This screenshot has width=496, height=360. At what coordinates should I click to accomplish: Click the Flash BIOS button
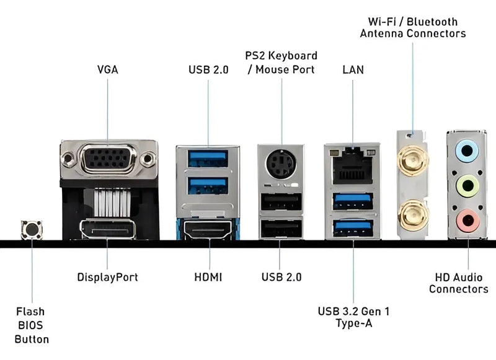[30, 230]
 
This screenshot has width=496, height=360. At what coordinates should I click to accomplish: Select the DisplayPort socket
[108, 230]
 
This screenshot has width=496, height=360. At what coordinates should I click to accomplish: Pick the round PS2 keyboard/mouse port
[281, 165]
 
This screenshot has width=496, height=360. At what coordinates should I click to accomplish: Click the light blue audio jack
[466, 150]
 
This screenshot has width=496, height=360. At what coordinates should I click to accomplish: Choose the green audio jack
[466, 185]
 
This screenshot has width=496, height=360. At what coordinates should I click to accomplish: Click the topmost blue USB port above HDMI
[208, 159]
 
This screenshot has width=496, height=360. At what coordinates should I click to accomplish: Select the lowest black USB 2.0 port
[281, 229]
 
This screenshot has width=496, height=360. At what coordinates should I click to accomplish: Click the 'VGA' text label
[107, 69]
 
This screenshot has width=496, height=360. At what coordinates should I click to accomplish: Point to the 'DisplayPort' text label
[107, 277]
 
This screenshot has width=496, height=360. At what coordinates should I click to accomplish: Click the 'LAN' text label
[353, 69]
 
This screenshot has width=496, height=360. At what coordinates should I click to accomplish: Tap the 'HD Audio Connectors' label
[458, 284]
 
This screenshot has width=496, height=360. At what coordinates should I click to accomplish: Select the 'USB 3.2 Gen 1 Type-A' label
[353, 317]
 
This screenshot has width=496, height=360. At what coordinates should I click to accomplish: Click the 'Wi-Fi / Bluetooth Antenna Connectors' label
[412, 27]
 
